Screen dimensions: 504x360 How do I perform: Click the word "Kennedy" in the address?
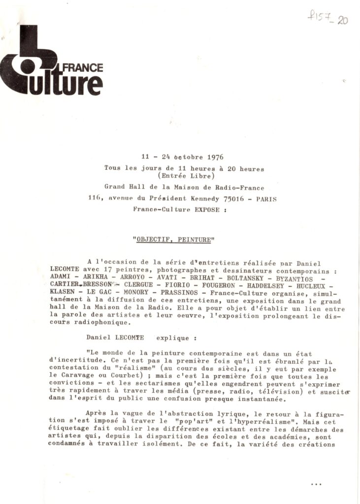click(211, 198)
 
